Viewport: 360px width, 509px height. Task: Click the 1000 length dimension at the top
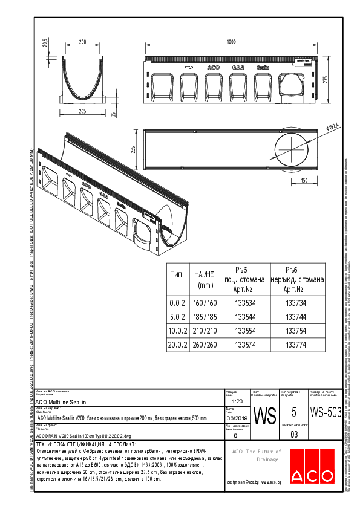tap(230, 42)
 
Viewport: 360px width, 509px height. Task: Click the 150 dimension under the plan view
tap(304, 180)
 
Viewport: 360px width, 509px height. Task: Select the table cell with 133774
tap(295, 345)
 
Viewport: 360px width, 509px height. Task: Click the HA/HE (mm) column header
tap(205, 279)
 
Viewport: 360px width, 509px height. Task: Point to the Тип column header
tap(177, 274)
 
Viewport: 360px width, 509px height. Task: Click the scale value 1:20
tap(237, 401)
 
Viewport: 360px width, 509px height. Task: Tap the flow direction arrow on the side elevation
tap(187, 68)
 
